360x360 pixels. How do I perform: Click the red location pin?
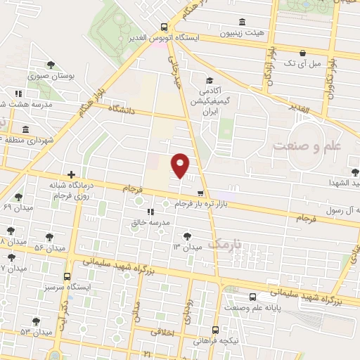coord(181,165)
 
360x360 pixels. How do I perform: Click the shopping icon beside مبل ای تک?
coord(302,52)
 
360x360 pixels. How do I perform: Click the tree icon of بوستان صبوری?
coord(51,64)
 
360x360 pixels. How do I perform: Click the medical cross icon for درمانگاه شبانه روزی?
coord(71,174)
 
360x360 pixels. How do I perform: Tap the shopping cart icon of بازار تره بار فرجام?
coord(200,193)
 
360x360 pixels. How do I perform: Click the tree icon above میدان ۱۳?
coord(186,236)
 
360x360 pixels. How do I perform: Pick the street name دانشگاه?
coord(127,109)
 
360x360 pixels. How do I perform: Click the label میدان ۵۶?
coord(50,249)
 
